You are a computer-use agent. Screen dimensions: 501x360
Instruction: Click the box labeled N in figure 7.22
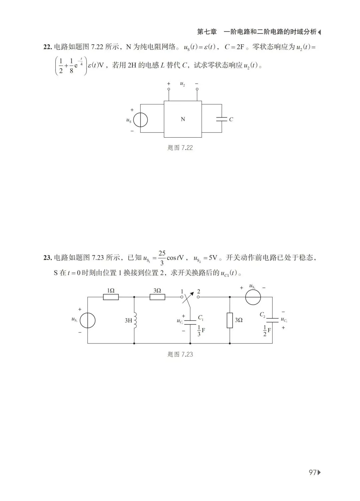tap(183, 119)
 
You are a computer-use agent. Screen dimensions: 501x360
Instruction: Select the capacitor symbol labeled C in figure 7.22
tap(222, 119)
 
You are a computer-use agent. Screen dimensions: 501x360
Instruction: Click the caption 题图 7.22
tap(180, 148)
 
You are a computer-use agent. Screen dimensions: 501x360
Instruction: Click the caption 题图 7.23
tap(180, 354)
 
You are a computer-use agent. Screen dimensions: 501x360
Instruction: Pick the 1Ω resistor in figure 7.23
tap(111, 297)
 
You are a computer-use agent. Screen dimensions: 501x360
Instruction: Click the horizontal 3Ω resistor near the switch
tap(157, 297)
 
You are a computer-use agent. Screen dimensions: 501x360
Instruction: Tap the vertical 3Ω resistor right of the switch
tap(230, 320)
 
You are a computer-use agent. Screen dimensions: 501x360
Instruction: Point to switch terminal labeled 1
tap(183, 297)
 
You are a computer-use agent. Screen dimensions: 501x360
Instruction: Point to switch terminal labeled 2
tap(198, 297)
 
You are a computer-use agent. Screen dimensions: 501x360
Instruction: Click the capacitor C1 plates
tap(190, 321)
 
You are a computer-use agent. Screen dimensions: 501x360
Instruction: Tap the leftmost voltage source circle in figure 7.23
tap(88, 320)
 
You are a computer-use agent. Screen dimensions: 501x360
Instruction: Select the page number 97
tap(312, 472)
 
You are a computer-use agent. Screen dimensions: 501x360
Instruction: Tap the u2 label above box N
tap(183, 84)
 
